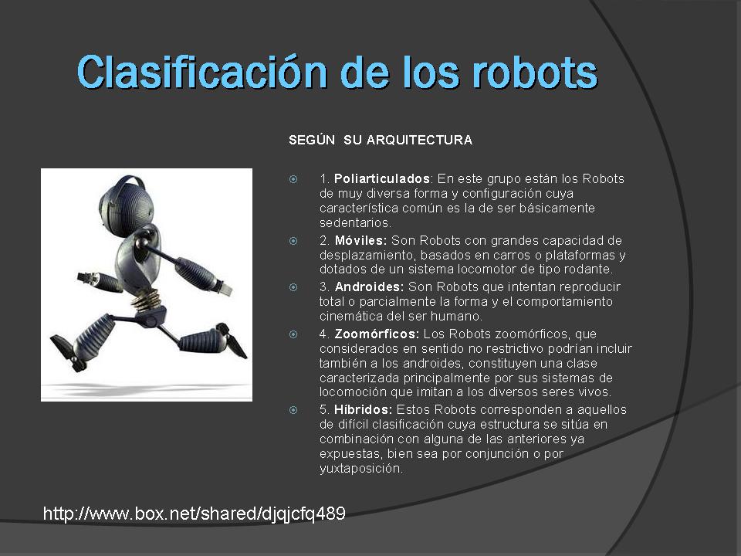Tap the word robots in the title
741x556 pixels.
[533, 73]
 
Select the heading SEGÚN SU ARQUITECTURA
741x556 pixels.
[380, 141]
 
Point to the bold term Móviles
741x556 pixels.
[360, 241]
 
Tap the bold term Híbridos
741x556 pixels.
[364, 409]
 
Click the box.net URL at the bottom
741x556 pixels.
[194, 514]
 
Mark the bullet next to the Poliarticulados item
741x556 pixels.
[293, 179]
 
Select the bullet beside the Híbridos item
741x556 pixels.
[293, 409]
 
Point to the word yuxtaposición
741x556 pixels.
[360, 469]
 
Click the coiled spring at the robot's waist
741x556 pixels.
[142, 301]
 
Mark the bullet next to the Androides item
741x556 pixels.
[293, 287]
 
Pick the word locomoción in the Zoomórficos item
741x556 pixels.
[350, 393]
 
